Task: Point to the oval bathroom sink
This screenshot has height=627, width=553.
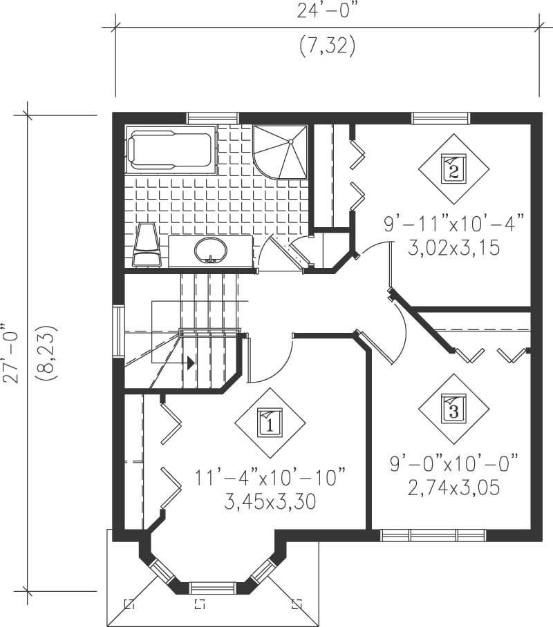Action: (210, 249)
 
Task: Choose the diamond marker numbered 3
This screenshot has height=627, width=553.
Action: (453, 408)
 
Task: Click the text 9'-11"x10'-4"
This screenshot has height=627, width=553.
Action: (454, 224)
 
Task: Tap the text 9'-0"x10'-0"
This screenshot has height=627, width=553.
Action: (454, 463)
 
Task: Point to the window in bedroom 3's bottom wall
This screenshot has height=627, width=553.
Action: (433, 534)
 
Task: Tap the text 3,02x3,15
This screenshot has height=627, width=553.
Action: (454, 248)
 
